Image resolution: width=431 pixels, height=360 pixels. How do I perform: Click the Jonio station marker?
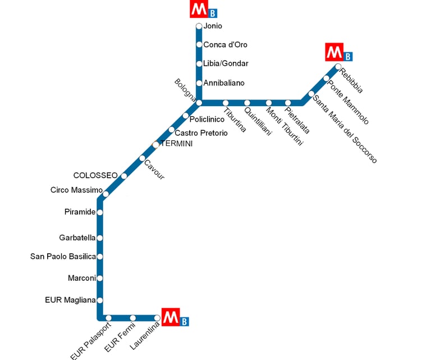[x=199, y=26]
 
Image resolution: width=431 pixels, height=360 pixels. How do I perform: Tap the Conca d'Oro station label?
[x=225, y=45]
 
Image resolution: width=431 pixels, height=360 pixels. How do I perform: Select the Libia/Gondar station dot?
[x=199, y=63]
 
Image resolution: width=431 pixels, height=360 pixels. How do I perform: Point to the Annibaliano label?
[x=224, y=83]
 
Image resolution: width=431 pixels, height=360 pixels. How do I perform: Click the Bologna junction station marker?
[x=199, y=103]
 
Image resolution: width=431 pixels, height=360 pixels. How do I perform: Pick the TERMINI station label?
[x=177, y=144]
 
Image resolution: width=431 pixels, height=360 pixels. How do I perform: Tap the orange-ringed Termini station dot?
[x=156, y=145]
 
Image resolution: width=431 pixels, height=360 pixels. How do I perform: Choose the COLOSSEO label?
[x=95, y=175]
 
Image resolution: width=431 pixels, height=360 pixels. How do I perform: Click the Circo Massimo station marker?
[x=106, y=194]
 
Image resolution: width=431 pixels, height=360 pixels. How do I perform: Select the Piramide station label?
[x=80, y=212]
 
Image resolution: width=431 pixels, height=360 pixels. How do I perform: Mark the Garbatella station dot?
[x=100, y=238]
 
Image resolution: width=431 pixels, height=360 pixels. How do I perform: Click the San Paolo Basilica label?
[x=63, y=257]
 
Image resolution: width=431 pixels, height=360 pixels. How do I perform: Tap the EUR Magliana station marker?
[x=100, y=300]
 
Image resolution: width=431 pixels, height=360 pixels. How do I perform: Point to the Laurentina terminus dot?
[x=157, y=318]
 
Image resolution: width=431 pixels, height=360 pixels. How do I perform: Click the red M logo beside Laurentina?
[x=169, y=317]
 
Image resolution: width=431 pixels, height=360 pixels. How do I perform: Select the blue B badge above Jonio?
[x=212, y=13]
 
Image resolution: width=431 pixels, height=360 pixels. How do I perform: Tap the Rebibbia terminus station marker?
[x=338, y=67]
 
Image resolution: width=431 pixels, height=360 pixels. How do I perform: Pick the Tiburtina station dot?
[x=226, y=103]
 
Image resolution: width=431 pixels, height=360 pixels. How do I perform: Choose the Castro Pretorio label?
[x=201, y=133]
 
